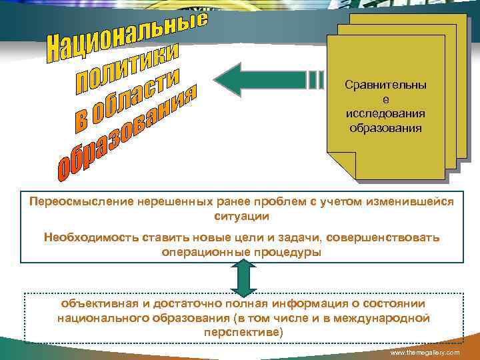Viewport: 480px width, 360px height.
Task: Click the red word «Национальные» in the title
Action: [x=127, y=33]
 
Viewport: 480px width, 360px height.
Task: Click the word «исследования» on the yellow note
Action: [x=386, y=113]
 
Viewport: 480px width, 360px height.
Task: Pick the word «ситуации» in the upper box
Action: [x=242, y=217]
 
